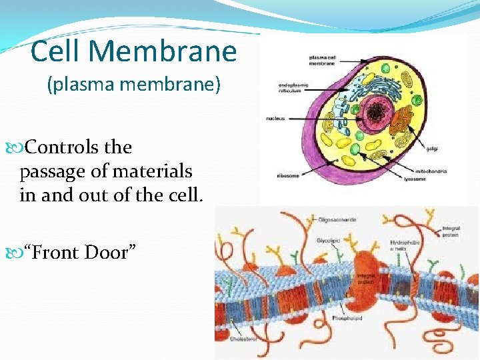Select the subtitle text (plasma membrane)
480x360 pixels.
tap(133, 86)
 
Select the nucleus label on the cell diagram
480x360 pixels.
tap(275, 119)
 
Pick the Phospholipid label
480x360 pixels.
tap(349, 319)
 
